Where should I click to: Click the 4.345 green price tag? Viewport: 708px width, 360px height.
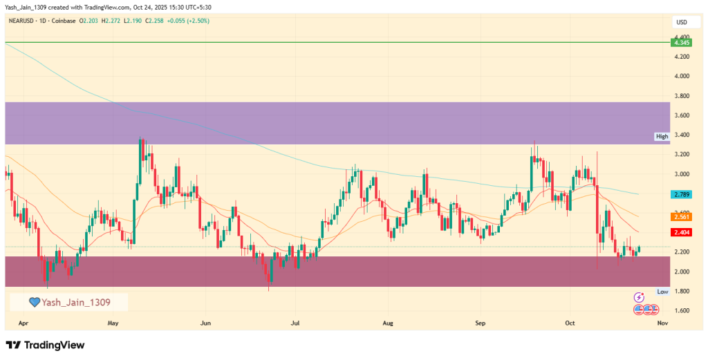pos(681,43)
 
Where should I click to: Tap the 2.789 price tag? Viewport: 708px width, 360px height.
pos(681,195)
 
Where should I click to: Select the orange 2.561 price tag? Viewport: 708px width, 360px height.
pos(681,216)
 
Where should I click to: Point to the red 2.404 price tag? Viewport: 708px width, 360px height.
pos(681,232)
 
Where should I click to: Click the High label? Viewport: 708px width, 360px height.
pos(662,137)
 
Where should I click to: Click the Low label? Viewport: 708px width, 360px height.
pos(662,292)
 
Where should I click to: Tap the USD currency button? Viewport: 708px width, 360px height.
pos(681,22)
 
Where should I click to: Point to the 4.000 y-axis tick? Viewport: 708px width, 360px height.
pos(681,76)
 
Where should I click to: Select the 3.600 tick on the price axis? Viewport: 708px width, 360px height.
pos(681,115)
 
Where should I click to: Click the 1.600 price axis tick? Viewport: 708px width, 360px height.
pos(681,311)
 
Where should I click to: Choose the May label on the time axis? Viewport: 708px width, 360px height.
pos(114,323)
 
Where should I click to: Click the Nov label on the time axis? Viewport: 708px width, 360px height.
pos(662,323)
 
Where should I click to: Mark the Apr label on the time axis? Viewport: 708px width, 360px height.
pos(24,323)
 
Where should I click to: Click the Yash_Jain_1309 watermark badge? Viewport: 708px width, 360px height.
pos(68,302)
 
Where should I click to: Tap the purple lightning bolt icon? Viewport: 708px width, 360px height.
pos(640,297)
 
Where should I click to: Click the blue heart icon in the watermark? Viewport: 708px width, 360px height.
pos(35,302)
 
